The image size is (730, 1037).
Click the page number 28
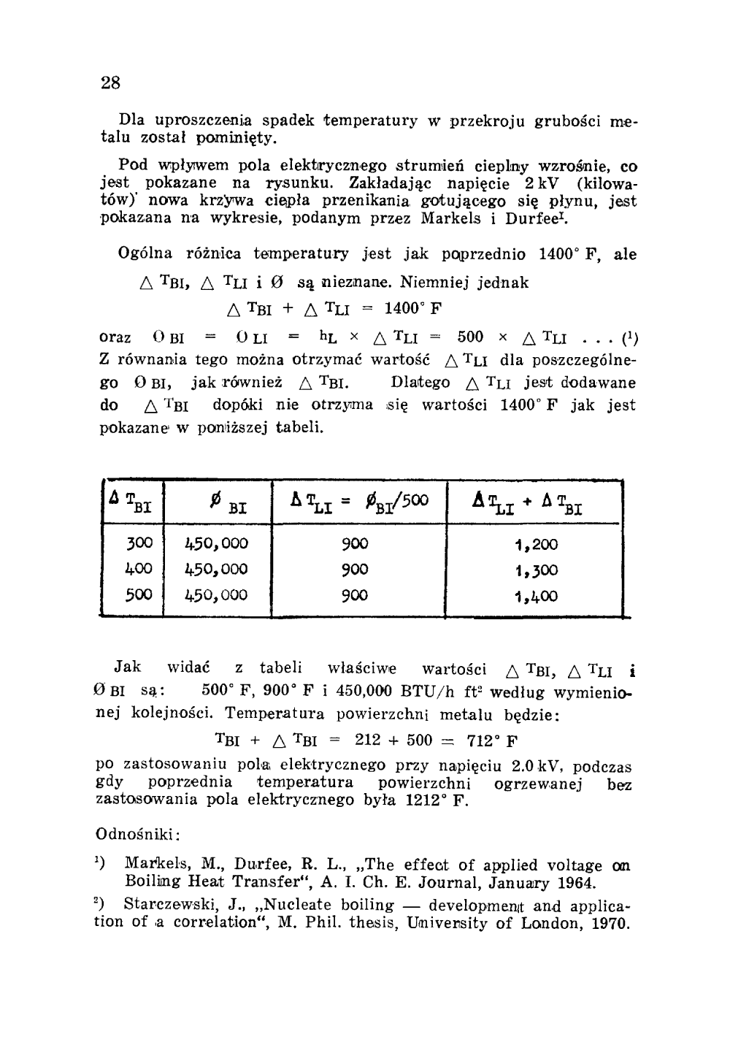point(110,82)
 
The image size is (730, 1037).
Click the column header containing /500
point(358,502)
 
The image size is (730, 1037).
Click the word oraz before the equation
point(115,338)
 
